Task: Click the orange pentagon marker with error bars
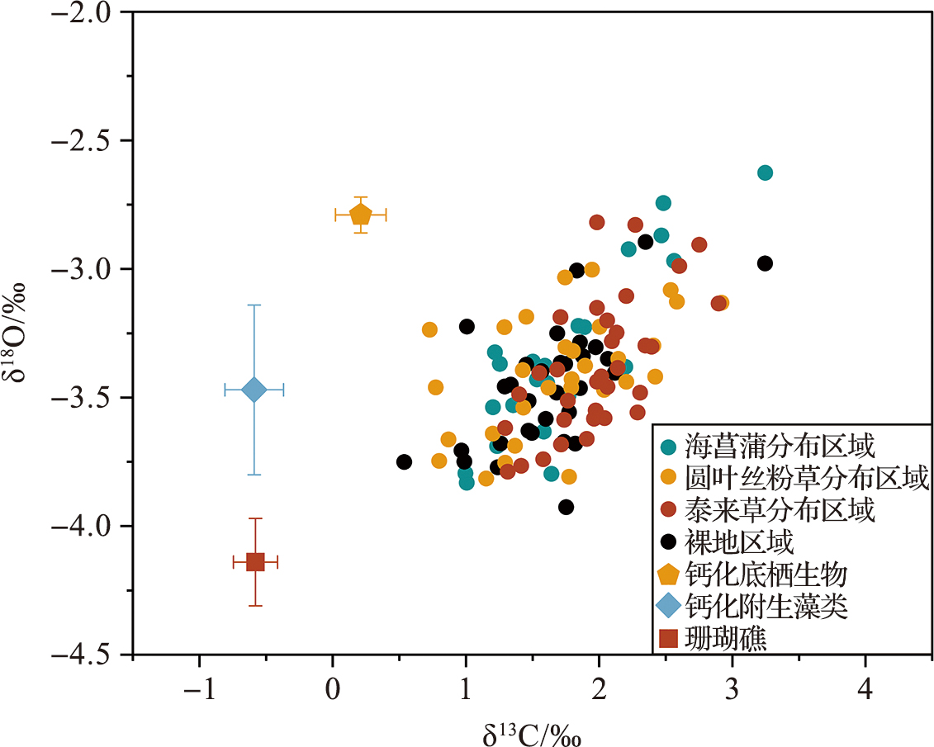pos(361,215)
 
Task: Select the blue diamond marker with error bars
pos(254,390)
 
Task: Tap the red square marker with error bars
pos(255,562)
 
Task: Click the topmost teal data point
pos(765,173)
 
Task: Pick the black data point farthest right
pos(765,263)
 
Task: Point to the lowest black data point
pos(566,507)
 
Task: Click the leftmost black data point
pos(404,462)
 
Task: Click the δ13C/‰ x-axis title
pos(532,731)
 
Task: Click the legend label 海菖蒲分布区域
pos(779,447)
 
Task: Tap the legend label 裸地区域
pos(739,542)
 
